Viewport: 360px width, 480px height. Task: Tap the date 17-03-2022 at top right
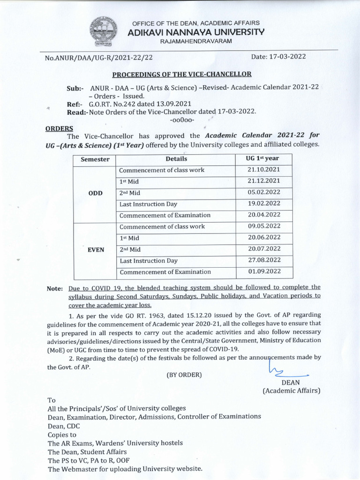(x=278, y=57)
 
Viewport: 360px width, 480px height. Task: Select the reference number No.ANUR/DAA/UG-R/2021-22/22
(x=99, y=58)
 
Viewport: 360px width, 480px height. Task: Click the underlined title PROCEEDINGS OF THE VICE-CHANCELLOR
(x=181, y=75)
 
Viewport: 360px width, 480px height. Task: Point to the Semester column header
(x=95, y=159)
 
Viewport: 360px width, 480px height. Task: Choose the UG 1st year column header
(x=262, y=159)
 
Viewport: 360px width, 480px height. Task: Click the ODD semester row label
(x=95, y=193)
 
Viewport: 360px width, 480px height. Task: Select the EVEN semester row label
(x=95, y=250)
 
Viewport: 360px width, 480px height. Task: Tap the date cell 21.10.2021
(x=263, y=170)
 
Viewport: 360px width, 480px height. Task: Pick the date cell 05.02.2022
(x=263, y=193)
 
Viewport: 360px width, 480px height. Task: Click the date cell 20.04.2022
(x=263, y=215)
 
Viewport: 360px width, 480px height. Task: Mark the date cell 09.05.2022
(x=263, y=226)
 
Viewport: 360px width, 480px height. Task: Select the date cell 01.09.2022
(x=263, y=272)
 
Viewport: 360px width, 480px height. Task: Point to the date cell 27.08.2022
(x=263, y=261)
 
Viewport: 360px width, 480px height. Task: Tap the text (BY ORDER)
(x=184, y=375)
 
